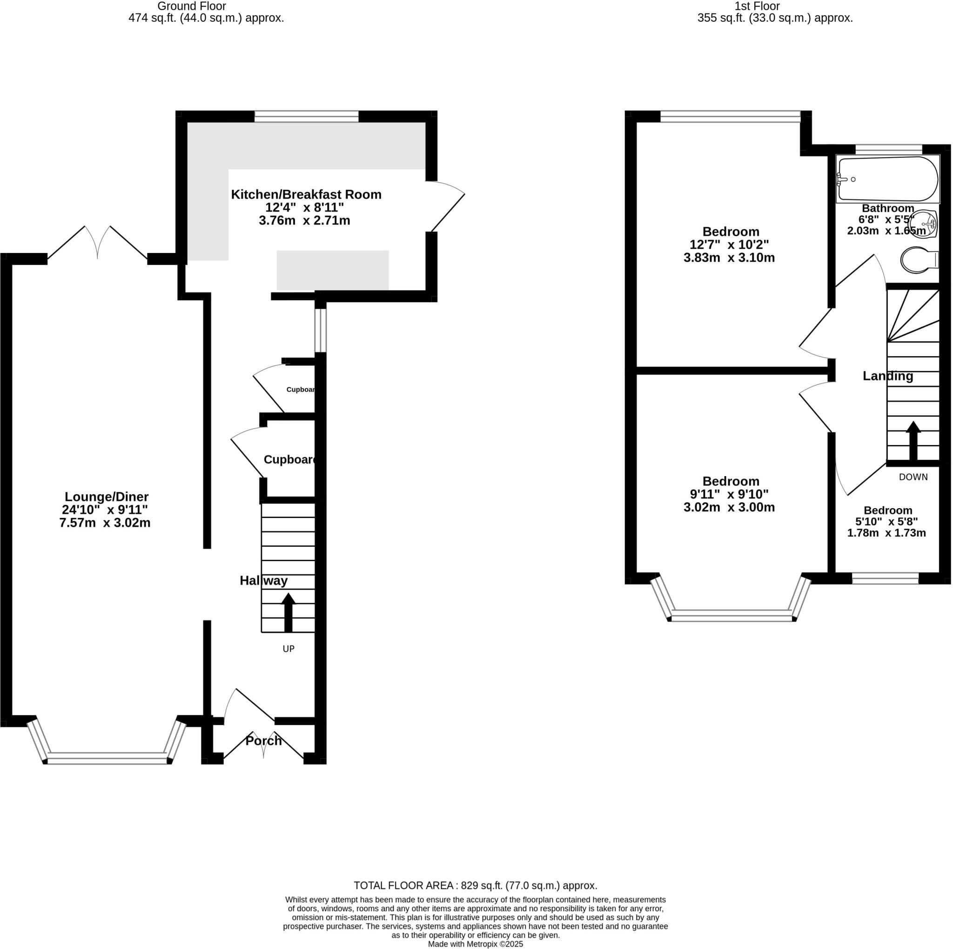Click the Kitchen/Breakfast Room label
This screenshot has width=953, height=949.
coord(306,194)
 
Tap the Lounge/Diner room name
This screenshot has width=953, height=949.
coord(107,497)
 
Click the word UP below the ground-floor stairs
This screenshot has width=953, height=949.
coord(288,649)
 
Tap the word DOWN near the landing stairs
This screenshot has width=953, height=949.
coord(913,477)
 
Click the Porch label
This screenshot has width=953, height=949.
coord(263,741)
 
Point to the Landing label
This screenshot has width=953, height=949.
coord(887,376)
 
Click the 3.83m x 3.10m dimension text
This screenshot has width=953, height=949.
coord(729,257)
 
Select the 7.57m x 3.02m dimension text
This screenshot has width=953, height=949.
coord(105,523)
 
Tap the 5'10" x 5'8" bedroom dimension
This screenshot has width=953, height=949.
coord(886,522)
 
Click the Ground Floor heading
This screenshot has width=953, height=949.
coord(191,7)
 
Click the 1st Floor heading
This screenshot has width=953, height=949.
coord(757,7)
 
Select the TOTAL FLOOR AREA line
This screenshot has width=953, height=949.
coord(475,885)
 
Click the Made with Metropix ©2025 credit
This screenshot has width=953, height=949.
coord(475,944)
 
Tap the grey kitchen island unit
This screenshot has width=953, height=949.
coord(332,270)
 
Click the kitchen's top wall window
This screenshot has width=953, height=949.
coord(306,116)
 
